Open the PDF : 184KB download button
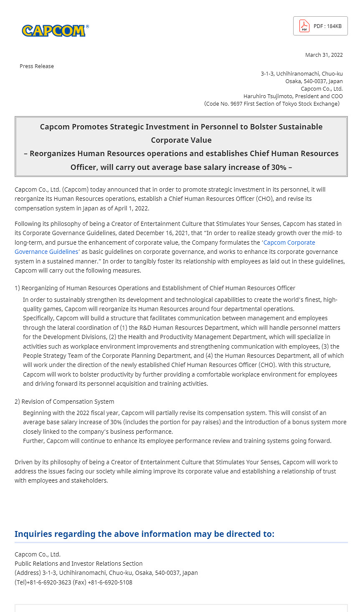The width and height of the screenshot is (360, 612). tap(320, 26)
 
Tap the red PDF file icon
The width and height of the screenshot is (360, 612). tap(304, 26)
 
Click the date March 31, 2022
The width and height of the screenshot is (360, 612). tap(324, 55)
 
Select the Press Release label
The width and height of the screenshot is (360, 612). tap(37, 66)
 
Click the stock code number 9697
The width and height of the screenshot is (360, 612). tap(236, 104)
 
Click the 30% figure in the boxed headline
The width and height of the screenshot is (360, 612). tap(279, 167)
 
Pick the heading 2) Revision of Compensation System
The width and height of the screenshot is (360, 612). tap(64, 402)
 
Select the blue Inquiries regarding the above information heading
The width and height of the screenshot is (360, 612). tap(145, 534)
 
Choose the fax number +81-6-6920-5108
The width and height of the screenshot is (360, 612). tap(110, 582)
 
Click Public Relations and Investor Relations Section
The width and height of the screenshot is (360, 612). tap(79, 564)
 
